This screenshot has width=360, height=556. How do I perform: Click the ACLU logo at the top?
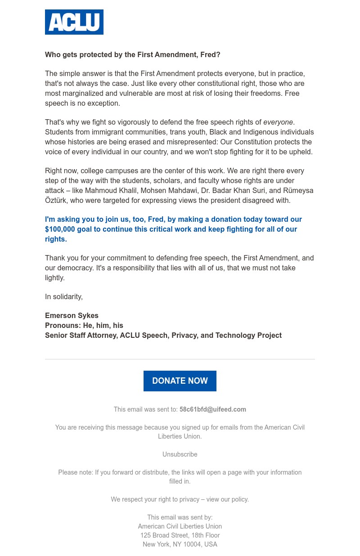tap(74, 22)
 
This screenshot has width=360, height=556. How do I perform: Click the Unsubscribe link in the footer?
tap(180, 454)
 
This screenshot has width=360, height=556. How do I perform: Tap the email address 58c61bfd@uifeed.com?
tap(213, 409)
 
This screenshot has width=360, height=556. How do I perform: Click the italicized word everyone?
tap(278, 122)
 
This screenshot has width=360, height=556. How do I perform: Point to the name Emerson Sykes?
tap(72, 315)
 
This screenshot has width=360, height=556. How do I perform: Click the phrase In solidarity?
tap(64, 296)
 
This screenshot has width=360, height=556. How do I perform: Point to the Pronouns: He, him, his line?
tap(84, 325)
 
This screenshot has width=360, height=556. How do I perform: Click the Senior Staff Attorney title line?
tap(163, 335)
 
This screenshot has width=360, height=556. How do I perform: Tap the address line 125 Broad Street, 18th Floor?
tap(180, 535)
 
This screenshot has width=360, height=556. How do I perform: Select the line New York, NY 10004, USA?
tap(180, 544)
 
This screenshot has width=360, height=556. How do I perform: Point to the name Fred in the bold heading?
tap(210, 55)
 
